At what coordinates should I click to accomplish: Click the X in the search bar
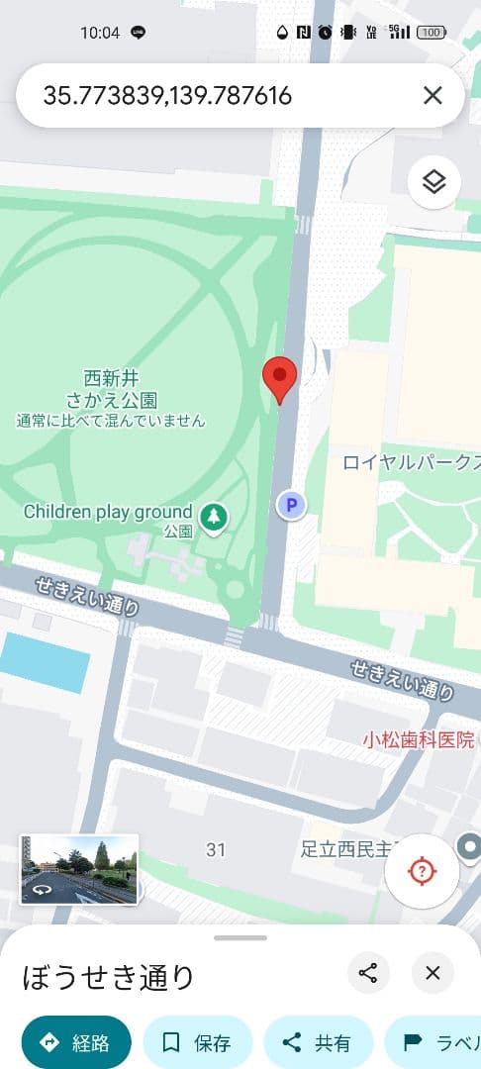coord(433,95)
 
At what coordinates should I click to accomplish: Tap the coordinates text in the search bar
coord(167,95)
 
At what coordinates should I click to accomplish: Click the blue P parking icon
coord(291,506)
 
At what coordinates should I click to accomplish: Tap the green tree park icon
coord(213,516)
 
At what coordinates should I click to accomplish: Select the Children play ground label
coord(108,512)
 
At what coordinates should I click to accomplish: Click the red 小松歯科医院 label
coord(418,739)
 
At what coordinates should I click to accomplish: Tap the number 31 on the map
coord(216,849)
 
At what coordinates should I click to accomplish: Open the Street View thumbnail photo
coord(79,869)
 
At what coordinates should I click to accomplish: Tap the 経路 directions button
coord(76,1042)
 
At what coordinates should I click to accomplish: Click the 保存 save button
coord(198,1042)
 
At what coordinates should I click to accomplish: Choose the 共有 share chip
coord(318,1042)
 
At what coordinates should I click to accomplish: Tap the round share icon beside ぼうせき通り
coord(368,973)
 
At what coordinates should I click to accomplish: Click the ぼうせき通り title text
coord(109,977)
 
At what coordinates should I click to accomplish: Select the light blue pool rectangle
coord(46,662)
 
